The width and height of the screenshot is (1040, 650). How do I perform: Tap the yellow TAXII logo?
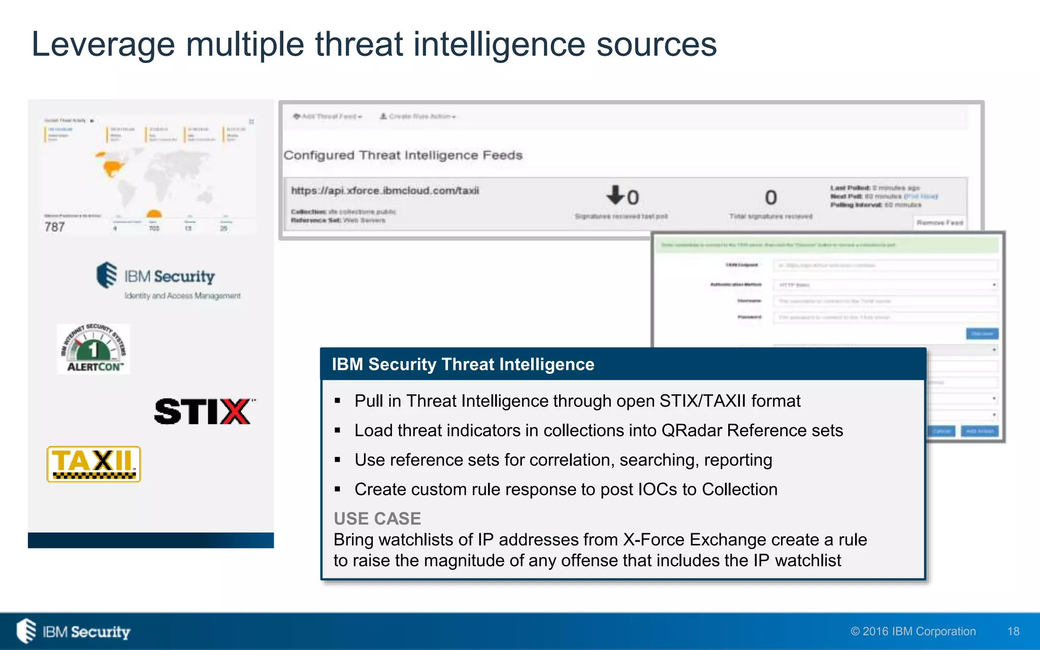click(93, 464)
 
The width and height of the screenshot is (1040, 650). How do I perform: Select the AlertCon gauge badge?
click(93, 349)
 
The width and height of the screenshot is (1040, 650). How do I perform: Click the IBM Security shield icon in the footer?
click(26, 631)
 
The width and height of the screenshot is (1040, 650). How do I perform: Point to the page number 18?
click(1013, 631)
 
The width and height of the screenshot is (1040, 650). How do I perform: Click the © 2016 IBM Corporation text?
click(913, 631)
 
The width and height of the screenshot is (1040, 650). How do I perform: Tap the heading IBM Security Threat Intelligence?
click(463, 364)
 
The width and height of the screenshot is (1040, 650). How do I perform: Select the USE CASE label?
click(377, 518)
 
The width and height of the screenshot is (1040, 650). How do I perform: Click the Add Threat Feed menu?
click(328, 116)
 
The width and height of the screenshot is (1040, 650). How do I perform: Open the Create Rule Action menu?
click(418, 116)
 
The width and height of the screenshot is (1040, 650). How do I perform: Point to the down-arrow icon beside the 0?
click(615, 194)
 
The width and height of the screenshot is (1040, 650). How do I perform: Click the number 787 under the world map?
click(54, 227)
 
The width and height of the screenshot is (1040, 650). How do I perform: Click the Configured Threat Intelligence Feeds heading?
click(403, 155)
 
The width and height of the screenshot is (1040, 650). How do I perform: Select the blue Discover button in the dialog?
click(982, 334)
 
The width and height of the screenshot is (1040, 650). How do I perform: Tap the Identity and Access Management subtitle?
click(182, 296)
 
